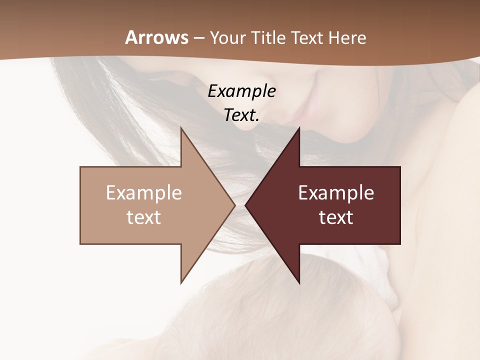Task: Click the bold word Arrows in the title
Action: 156,37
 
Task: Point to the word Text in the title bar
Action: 308,37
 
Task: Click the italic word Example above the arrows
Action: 241,91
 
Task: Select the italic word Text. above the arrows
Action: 241,115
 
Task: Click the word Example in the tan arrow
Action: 143,193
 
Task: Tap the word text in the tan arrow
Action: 143,217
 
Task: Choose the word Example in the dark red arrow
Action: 336,193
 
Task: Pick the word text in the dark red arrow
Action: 336,217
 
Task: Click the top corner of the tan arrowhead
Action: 181,128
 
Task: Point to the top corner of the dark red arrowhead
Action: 299,128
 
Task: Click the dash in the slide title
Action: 198,38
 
